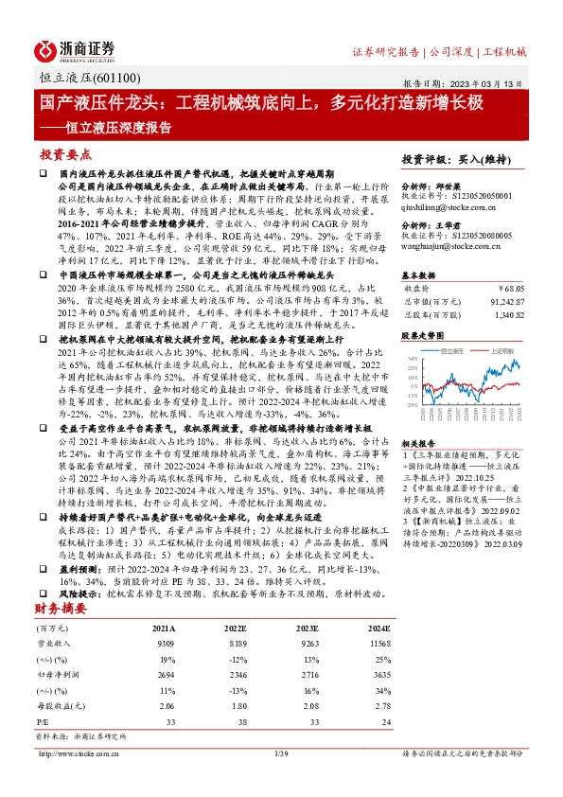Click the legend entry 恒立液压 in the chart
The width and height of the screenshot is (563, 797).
coord(454,350)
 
